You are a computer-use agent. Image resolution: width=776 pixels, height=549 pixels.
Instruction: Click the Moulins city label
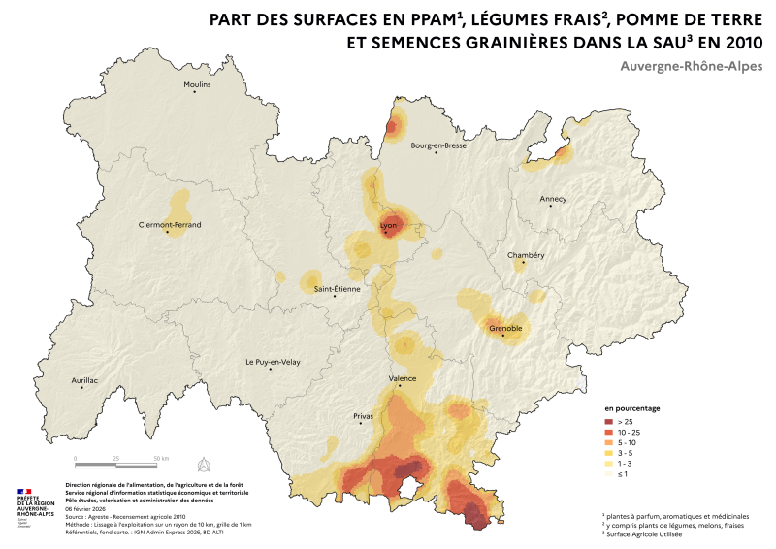[x=197, y=84]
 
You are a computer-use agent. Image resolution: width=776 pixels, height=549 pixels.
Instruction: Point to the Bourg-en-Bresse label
[x=438, y=145]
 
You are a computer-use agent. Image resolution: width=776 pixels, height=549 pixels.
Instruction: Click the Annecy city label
[x=553, y=199]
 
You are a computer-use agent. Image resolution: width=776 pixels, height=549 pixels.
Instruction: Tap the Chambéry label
[x=527, y=255]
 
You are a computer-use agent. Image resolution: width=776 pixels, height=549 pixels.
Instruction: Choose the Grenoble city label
[x=506, y=328]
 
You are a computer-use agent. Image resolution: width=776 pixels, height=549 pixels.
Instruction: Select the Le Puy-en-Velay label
[x=273, y=362]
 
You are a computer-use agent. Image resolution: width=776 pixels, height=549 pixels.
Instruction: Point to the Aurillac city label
[x=85, y=380]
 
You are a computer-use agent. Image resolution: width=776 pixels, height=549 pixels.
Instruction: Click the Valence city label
[x=403, y=378]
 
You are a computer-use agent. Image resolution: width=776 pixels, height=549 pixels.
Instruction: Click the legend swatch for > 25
[x=610, y=422]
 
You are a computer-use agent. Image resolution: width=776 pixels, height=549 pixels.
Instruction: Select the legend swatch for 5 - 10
[x=610, y=443]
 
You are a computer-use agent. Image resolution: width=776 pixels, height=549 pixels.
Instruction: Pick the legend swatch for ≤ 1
[x=610, y=474]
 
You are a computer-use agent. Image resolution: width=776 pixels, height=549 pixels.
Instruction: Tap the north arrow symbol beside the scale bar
[x=204, y=462]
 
